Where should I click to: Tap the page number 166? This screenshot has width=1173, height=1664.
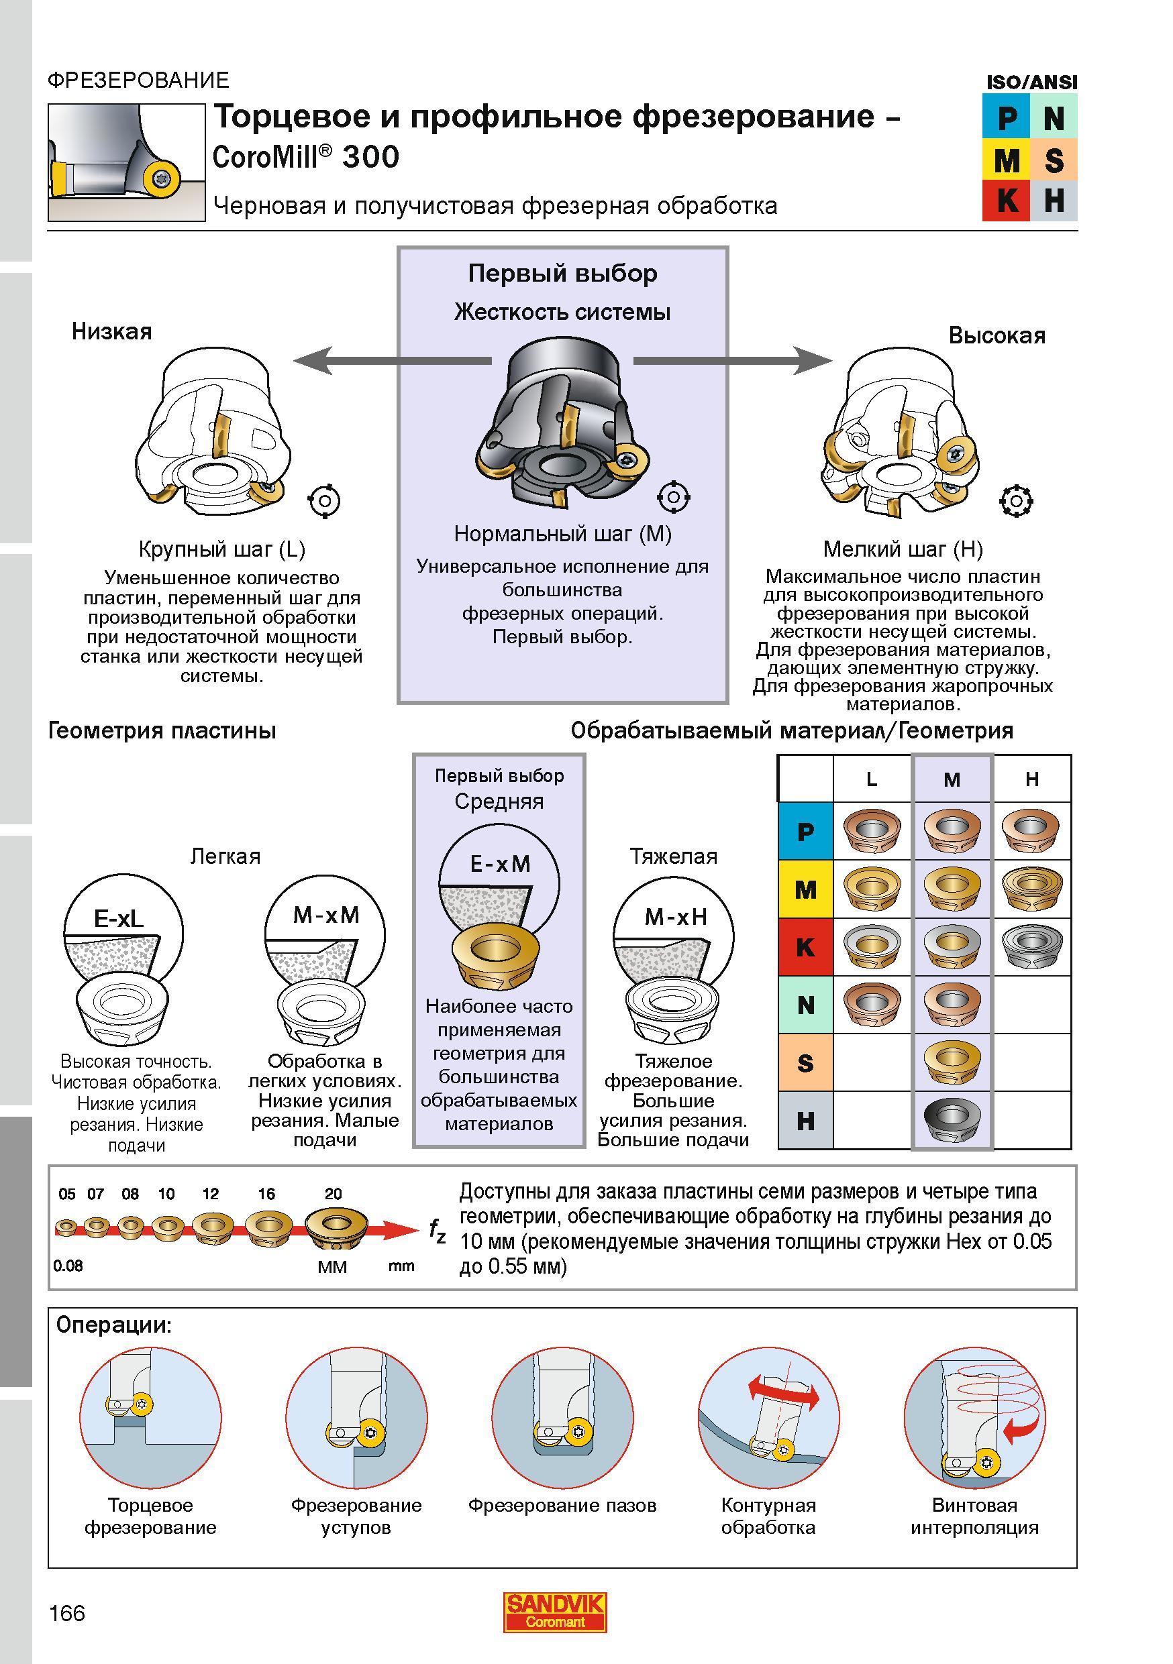pyautogui.click(x=66, y=1613)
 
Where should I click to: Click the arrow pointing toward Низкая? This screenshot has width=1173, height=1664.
pyautogui.click(x=392, y=360)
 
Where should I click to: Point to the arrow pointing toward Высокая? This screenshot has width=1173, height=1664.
pyautogui.click(x=733, y=360)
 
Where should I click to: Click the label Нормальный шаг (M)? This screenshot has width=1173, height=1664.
pyautogui.click(x=562, y=533)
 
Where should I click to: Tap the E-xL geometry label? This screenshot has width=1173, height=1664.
pyautogui.click(x=119, y=919)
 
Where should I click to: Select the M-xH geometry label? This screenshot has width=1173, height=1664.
pyautogui.click(x=675, y=917)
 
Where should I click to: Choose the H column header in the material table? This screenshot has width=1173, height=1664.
pyautogui.click(x=1031, y=779)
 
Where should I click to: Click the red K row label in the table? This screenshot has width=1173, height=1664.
pyautogui.click(x=805, y=947)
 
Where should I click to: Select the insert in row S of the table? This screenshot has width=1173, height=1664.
pyautogui.click(x=952, y=1062)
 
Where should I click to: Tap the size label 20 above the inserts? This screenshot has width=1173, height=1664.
pyautogui.click(x=333, y=1194)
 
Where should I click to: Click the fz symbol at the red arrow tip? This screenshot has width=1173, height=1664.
pyautogui.click(x=436, y=1230)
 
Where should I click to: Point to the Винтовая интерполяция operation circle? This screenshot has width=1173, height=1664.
pyautogui.click(x=974, y=1419)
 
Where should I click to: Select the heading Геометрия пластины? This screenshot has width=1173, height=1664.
pyautogui.click(x=162, y=730)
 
